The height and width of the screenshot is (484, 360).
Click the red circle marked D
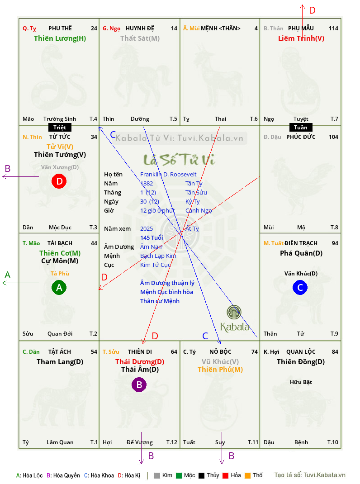click(59, 181)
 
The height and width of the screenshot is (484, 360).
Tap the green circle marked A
click(59, 287)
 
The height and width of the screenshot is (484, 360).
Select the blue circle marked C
click(300, 287)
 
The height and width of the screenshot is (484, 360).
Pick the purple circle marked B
click(139, 384)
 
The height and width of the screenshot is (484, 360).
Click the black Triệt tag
click(60, 128)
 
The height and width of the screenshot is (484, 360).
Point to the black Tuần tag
click(301, 128)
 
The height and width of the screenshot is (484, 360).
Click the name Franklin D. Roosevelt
click(168, 175)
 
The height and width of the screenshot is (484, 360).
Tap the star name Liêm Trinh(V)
click(301, 38)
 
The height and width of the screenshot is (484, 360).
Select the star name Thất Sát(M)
click(140, 38)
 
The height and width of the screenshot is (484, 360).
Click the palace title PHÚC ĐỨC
click(301, 137)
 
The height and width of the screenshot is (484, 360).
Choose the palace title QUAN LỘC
click(301, 352)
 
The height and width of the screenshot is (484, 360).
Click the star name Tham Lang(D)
click(60, 362)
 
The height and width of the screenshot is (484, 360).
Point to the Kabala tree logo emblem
click(234, 312)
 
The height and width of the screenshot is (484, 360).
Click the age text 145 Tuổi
click(152, 237)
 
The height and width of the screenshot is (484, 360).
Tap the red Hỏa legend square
click(225, 475)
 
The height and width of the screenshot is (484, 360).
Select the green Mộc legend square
click(179, 475)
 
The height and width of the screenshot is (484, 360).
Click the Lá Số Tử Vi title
click(179, 160)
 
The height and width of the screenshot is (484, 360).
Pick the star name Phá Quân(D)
click(301, 253)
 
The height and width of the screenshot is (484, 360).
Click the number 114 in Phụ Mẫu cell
click(333, 28)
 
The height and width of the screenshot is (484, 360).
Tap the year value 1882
click(147, 183)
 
